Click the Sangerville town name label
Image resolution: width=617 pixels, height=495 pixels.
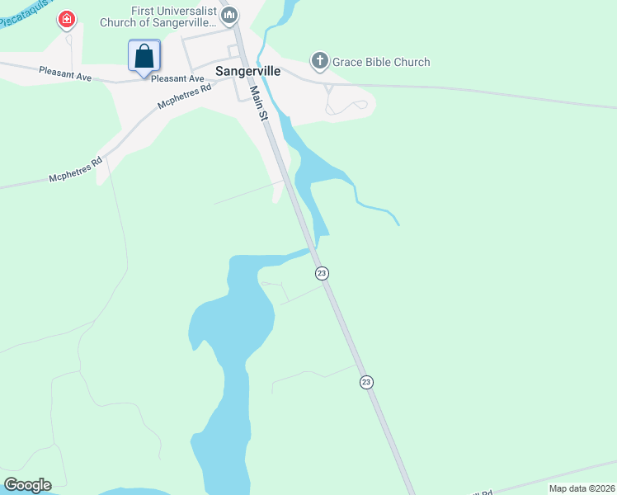[x=248, y=71]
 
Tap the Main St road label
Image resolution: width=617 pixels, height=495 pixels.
[x=259, y=104]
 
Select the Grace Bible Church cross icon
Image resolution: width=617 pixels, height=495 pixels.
[x=320, y=61]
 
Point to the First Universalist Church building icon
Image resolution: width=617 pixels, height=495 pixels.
[x=230, y=15]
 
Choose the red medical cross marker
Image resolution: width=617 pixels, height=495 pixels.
[x=67, y=19]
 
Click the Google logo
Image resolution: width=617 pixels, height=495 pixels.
[x=27, y=484]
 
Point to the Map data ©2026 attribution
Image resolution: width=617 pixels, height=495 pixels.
[x=581, y=488]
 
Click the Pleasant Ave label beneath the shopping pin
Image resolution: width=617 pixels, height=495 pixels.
[x=177, y=79]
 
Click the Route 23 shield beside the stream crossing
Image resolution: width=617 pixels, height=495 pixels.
[x=322, y=273]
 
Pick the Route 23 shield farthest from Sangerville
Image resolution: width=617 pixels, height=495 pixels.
[x=366, y=382]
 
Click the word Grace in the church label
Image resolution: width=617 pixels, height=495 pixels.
[x=348, y=62]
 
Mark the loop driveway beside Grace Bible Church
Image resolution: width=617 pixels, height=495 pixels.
[x=346, y=106]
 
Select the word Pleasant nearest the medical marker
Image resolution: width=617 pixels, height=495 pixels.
[x=53, y=72]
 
